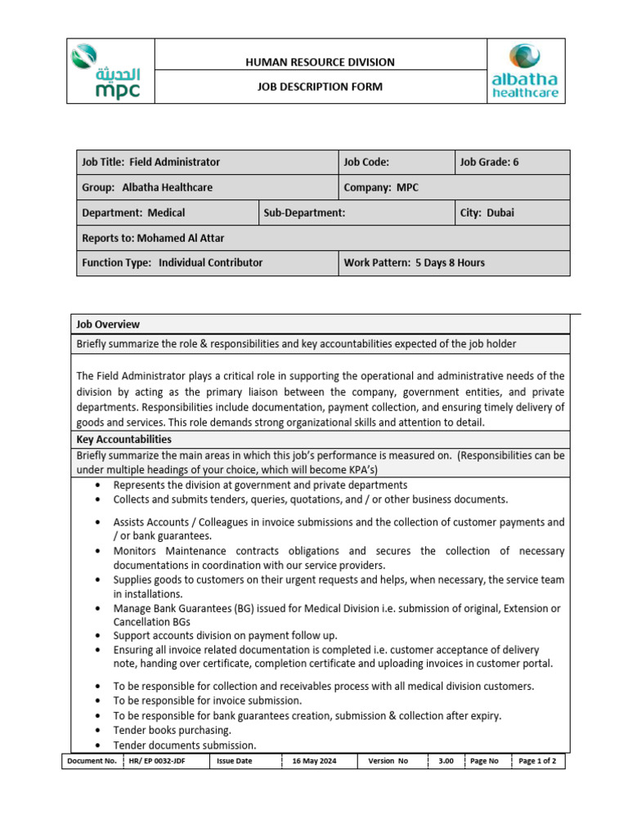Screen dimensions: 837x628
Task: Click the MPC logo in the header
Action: coord(110,72)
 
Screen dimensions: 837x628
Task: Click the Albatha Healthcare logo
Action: coord(525,72)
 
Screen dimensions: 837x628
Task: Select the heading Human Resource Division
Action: coord(320,62)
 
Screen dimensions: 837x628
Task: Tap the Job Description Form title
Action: coord(320,87)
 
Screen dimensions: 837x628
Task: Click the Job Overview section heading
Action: coord(108,325)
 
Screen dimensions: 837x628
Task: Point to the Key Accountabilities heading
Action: coord(123,439)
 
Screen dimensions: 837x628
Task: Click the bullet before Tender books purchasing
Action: coord(98,730)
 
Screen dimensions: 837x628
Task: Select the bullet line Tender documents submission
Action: coord(184,745)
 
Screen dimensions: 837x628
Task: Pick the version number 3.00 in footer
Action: coord(446,761)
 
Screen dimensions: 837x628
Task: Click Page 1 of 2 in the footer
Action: coord(538,761)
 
